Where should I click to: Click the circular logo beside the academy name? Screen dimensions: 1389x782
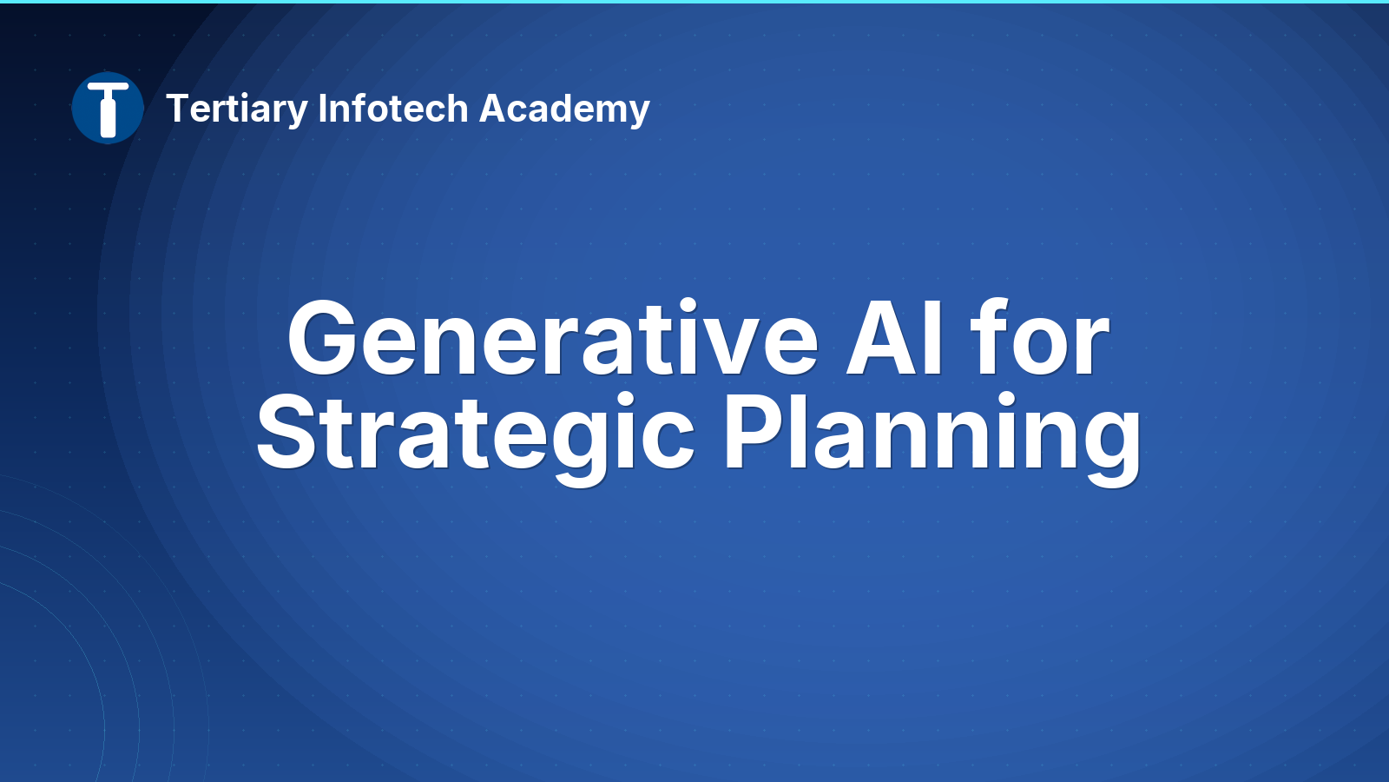pos(108,108)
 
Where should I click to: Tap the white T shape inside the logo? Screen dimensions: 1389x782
pos(108,109)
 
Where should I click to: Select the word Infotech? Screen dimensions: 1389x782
pos(393,108)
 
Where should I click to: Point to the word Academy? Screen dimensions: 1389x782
pos(564,109)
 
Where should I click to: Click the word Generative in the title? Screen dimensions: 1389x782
pos(552,338)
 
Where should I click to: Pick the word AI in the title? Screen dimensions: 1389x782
pos(895,338)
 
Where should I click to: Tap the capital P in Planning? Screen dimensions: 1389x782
pos(753,432)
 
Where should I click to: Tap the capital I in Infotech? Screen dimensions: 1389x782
pos(322,109)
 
